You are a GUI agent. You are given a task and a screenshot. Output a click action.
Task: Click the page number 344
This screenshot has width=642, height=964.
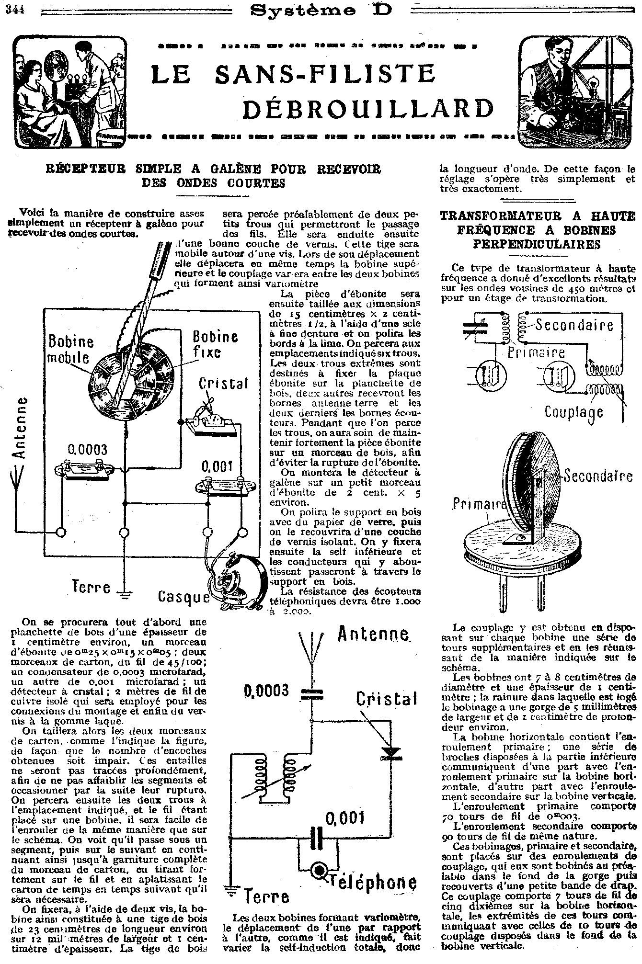(x=15, y=10)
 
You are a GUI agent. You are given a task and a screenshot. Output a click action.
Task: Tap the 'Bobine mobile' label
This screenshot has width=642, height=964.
(x=71, y=349)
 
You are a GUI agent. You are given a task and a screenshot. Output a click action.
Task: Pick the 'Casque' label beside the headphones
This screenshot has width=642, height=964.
(x=183, y=597)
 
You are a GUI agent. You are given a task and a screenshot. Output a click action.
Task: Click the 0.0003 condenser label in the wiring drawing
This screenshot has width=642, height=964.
(x=87, y=450)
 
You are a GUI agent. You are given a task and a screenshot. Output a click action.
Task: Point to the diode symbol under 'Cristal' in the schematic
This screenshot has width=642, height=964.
(x=390, y=752)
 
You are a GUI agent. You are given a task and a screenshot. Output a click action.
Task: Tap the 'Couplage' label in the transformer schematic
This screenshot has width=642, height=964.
(x=574, y=412)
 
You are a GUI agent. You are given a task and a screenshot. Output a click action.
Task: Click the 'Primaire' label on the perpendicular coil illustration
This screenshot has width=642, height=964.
(x=480, y=504)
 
